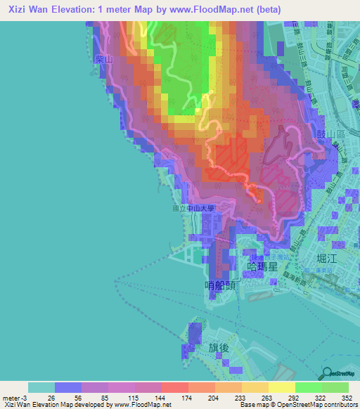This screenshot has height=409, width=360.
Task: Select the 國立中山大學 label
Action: (x=192, y=208)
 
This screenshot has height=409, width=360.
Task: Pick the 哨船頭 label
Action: (x=219, y=285)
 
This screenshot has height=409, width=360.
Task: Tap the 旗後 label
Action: (x=219, y=348)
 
